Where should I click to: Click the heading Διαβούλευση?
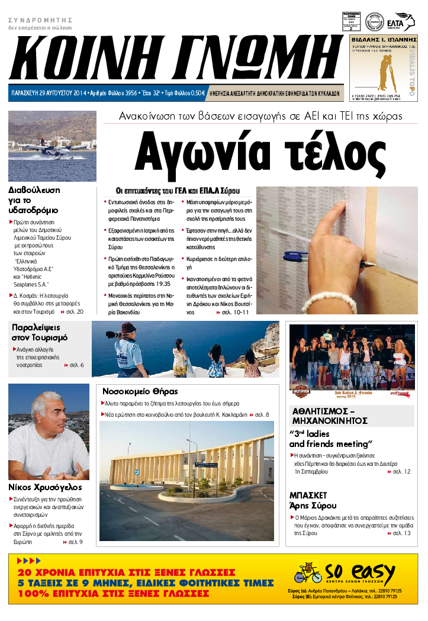[34, 191]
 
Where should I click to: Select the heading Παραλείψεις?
[36, 327]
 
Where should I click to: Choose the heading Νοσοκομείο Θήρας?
[140, 391]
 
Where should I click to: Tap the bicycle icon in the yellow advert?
[308, 574]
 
